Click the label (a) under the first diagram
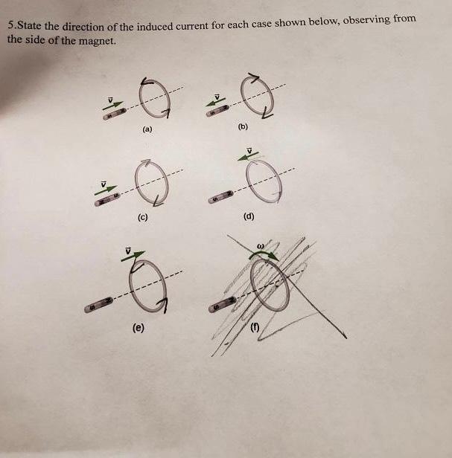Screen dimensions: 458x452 click(x=147, y=129)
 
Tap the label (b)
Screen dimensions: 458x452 click(x=243, y=126)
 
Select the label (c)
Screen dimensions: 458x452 click(x=141, y=218)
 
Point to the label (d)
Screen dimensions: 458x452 click(x=248, y=218)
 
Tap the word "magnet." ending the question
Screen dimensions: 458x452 click(x=98, y=40)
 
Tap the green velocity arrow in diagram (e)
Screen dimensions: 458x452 click(x=130, y=257)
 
